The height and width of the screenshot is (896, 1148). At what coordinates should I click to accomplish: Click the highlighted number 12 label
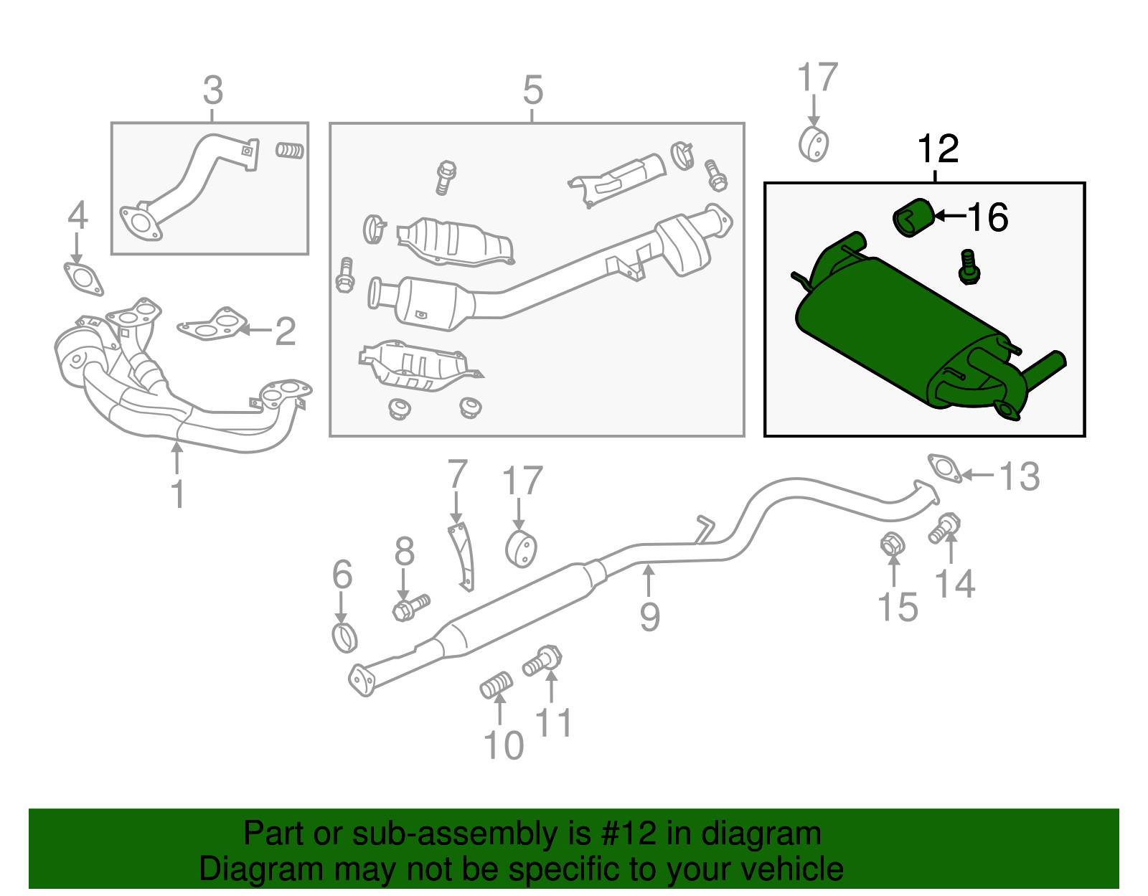[x=938, y=149]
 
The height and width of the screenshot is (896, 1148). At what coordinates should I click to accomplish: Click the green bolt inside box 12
[x=969, y=268]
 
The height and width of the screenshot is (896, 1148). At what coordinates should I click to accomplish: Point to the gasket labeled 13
[x=944, y=468]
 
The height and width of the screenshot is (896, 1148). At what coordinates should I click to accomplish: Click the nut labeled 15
[x=892, y=544]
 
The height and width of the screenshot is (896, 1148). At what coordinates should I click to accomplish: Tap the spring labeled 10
[x=497, y=685]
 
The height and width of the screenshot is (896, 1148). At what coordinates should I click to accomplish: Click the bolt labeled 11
[x=542, y=660]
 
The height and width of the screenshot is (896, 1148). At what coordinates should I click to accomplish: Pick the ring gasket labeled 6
[x=345, y=637]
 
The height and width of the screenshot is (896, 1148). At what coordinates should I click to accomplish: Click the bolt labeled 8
[x=410, y=607]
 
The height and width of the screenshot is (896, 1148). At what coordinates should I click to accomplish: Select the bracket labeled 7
[x=463, y=557]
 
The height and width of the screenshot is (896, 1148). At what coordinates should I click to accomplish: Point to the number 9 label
[x=649, y=617]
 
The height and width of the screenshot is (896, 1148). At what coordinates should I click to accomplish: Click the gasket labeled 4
[x=83, y=279]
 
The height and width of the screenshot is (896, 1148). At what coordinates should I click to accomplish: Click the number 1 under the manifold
[x=177, y=494]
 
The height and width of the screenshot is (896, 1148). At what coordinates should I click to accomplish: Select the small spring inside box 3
[x=290, y=151]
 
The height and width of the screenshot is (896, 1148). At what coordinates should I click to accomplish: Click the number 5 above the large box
[x=532, y=91]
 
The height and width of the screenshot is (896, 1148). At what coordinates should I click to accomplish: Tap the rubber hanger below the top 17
[x=814, y=144]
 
